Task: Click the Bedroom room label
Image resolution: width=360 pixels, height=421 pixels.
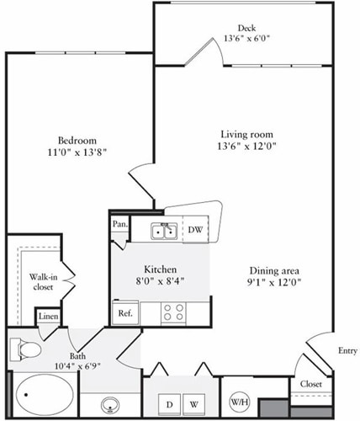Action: [77, 140]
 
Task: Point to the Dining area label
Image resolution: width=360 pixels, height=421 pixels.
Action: [275, 270]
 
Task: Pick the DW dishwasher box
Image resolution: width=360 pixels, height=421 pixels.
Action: [194, 230]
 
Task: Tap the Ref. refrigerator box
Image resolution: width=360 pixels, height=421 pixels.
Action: [125, 313]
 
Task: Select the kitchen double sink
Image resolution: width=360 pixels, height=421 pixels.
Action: [162, 231]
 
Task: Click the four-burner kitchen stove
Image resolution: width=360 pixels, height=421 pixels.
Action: [174, 312]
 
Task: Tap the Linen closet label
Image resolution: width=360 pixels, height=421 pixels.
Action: [48, 316]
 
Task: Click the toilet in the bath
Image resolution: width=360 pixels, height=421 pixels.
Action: [25, 349]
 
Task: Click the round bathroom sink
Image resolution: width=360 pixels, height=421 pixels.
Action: [109, 404]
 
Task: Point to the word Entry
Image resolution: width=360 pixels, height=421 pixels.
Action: [347, 350]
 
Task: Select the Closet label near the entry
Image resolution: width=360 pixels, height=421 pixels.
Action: [310, 385]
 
